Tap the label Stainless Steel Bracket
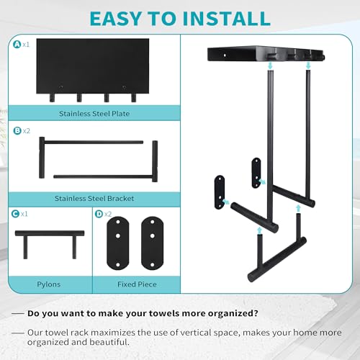click(x=94, y=197)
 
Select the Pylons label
click(x=50, y=284)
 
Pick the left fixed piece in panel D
click(x=114, y=243)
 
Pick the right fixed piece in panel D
click(x=153, y=243)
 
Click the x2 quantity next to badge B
click(x=26, y=132)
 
